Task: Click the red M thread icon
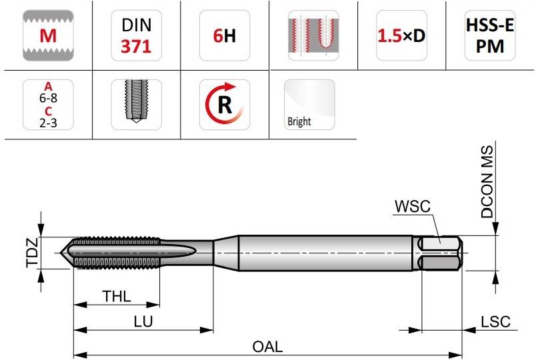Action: point(48,35)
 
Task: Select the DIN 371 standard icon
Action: point(137,35)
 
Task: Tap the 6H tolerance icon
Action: point(225,35)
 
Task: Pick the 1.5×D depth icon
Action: point(401,35)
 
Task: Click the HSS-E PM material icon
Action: point(490,35)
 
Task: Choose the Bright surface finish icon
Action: point(309,105)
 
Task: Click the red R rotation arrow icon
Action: point(225,105)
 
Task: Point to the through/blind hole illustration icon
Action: point(313,35)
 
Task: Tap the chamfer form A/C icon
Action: point(48,105)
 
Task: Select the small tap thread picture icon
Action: point(137,105)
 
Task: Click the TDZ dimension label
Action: point(32,253)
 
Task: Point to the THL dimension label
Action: point(117,296)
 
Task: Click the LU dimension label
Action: point(143,321)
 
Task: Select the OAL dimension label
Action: point(267,347)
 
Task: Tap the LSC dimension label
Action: point(495,322)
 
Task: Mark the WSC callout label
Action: point(412,206)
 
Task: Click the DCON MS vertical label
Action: point(487,182)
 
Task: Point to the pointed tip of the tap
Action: point(61,253)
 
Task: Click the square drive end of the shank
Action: point(441,253)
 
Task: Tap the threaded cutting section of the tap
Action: point(116,253)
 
